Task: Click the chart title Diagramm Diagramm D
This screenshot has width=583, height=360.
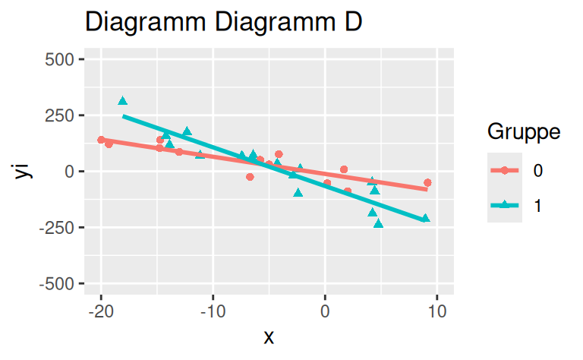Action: point(224,22)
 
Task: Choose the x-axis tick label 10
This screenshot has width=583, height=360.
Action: point(436,312)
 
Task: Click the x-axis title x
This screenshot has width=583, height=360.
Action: point(268,337)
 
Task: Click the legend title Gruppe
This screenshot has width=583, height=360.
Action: point(524,132)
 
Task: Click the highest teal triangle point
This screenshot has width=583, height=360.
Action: point(122,100)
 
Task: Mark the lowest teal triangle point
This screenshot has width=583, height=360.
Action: point(378,223)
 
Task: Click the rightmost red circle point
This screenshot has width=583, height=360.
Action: point(427,182)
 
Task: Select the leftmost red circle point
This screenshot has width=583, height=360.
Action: point(101,140)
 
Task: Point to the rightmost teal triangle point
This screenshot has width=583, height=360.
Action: point(425,218)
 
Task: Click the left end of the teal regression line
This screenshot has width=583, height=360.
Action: point(123,115)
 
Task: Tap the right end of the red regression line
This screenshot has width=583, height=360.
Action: point(427,189)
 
